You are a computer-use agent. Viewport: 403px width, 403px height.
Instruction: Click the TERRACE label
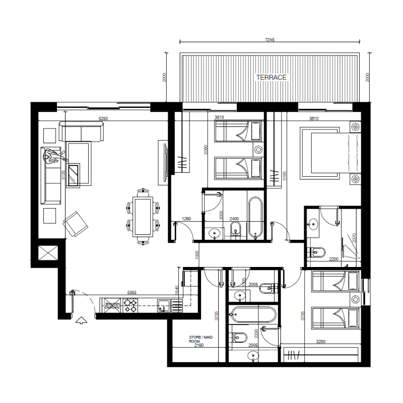pyautogui.click(x=271, y=78)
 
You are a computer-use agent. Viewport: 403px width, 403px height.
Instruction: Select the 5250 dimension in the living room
pyautogui.click(x=103, y=119)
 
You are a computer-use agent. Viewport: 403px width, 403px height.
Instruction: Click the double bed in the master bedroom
pyautogui.click(x=325, y=153)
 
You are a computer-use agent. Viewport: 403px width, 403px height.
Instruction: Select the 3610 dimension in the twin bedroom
pyautogui.click(x=219, y=118)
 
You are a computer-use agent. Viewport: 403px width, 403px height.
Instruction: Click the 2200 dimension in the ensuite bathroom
pyautogui.click(x=332, y=259)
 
